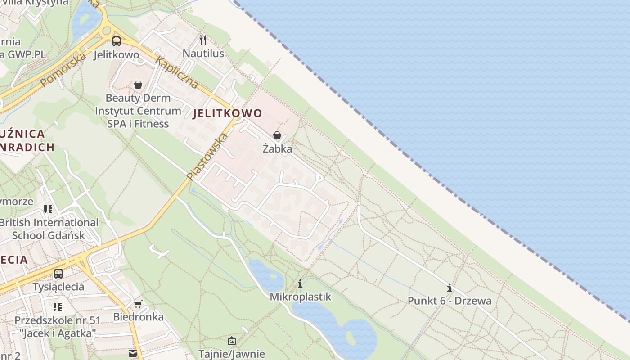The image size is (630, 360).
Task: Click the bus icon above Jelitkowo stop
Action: (117, 41)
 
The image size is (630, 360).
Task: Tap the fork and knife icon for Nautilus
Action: (203, 40)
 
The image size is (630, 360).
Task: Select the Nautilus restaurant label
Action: (203, 54)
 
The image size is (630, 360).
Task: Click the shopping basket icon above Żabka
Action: (277, 135)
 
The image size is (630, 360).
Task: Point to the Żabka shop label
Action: (277, 148)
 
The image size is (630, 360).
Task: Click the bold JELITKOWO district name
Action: (227, 113)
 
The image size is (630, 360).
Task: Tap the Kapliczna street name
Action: (176, 72)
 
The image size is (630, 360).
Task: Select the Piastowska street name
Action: (207, 156)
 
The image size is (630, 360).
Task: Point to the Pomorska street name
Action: (63, 70)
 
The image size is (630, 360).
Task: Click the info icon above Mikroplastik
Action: (300, 283)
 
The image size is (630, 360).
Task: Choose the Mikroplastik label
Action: (300, 297)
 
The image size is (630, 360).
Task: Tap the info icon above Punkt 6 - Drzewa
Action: (449, 288)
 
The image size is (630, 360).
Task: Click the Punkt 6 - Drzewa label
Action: (449, 301)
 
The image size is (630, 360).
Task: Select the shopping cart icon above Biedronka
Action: (138, 304)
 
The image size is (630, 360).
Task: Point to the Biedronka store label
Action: (138, 317)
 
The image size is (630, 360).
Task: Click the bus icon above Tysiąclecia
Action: (58, 273)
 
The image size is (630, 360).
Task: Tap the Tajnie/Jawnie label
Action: (231, 354)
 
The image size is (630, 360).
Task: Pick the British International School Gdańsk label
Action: (49, 229)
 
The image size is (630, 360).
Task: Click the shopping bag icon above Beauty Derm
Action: (138, 85)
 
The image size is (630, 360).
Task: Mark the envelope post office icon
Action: (133, 353)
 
